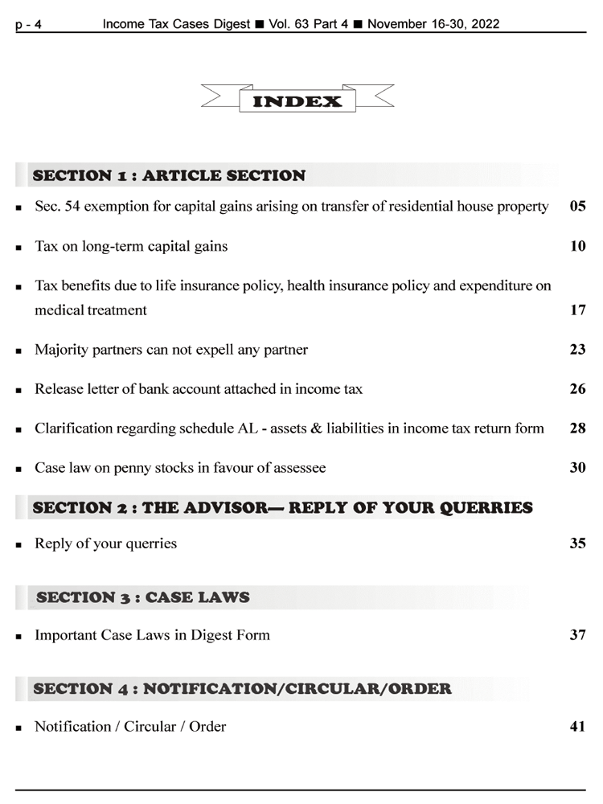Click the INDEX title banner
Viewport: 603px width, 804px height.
coord(297,101)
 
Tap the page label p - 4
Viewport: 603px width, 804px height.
coord(28,25)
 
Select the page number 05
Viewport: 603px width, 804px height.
coord(577,207)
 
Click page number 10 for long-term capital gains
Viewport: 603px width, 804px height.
coord(577,246)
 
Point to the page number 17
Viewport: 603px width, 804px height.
coord(577,310)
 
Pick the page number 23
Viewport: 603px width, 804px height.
coord(577,349)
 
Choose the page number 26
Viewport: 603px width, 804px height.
coord(577,388)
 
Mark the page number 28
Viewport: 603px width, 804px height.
coord(577,428)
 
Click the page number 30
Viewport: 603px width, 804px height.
coord(577,467)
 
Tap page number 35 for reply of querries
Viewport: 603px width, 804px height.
coord(577,543)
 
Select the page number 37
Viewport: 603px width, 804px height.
coord(577,634)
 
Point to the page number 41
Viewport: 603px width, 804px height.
coord(577,726)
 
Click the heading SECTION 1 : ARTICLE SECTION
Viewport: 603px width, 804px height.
coord(169,175)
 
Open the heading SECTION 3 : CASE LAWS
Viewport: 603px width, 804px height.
coord(143,597)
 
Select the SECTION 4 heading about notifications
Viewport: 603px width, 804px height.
coord(242,688)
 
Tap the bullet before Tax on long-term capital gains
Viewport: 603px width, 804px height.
coord(18,248)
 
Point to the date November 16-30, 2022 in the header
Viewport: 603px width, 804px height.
coord(433,24)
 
